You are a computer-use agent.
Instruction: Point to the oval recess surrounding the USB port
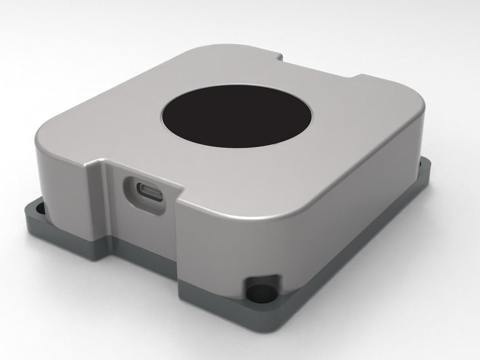point(144,197)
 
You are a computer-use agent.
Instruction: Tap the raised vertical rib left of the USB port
point(103,202)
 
